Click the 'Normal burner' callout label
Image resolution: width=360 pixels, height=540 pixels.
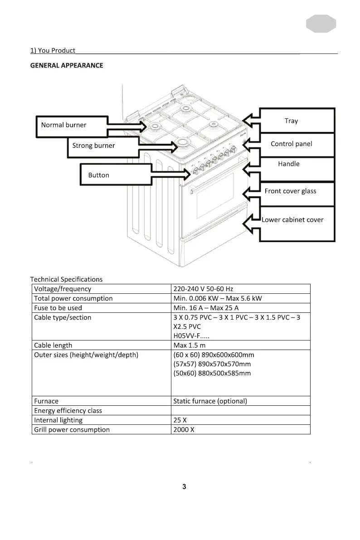point(63,125)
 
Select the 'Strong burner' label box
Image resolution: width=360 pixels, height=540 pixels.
point(93,146)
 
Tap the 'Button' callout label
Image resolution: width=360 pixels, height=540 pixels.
point(98,175)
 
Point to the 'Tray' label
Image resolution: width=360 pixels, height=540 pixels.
point(291,121)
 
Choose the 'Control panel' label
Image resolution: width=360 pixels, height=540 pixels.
point(291,144)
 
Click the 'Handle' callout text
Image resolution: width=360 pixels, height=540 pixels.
point(288,164)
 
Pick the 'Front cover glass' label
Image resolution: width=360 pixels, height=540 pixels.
point(290,191)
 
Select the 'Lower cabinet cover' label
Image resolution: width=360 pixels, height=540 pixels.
point(292,220)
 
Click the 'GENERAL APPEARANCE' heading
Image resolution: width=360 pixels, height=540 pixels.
point(67,66)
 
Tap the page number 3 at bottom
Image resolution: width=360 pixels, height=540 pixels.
point(184,487)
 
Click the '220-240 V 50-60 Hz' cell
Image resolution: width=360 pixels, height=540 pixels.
point(203,289)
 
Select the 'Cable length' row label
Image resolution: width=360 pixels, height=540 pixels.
point(53,345)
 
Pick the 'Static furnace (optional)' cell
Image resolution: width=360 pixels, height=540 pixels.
point(210,401)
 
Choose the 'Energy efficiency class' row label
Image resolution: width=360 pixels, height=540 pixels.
point(68,411)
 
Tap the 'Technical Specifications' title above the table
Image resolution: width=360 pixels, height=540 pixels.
point(66,279)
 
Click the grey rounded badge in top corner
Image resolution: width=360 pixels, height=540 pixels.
point(321,24)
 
